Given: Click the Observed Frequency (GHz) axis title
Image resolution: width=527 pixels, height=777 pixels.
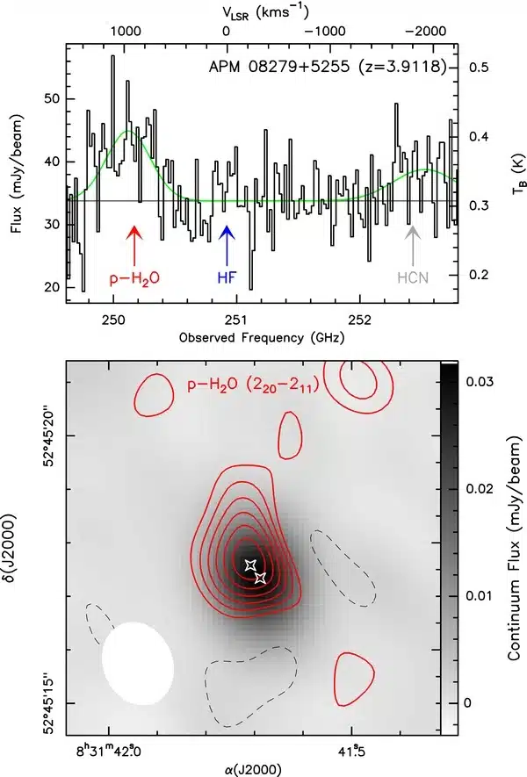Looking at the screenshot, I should [261, 337].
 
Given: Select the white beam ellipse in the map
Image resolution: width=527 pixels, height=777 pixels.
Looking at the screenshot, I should [138, 662].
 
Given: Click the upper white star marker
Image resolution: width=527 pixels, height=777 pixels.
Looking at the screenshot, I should [249, 565].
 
